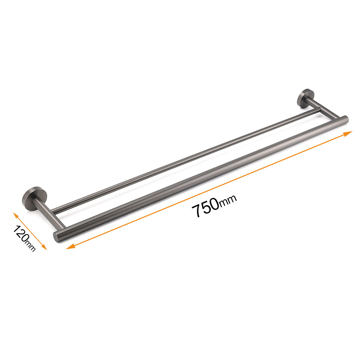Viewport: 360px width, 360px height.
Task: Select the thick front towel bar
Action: pyautogui.click(x=202, y=176)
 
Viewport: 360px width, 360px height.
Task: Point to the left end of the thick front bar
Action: pyautogui.click(x=57, y=237)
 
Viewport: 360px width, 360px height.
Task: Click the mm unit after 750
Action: pyautogui.click(x=228, y=202)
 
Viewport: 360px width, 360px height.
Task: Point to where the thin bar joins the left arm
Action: pyautogui.click(x=53, y=210)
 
